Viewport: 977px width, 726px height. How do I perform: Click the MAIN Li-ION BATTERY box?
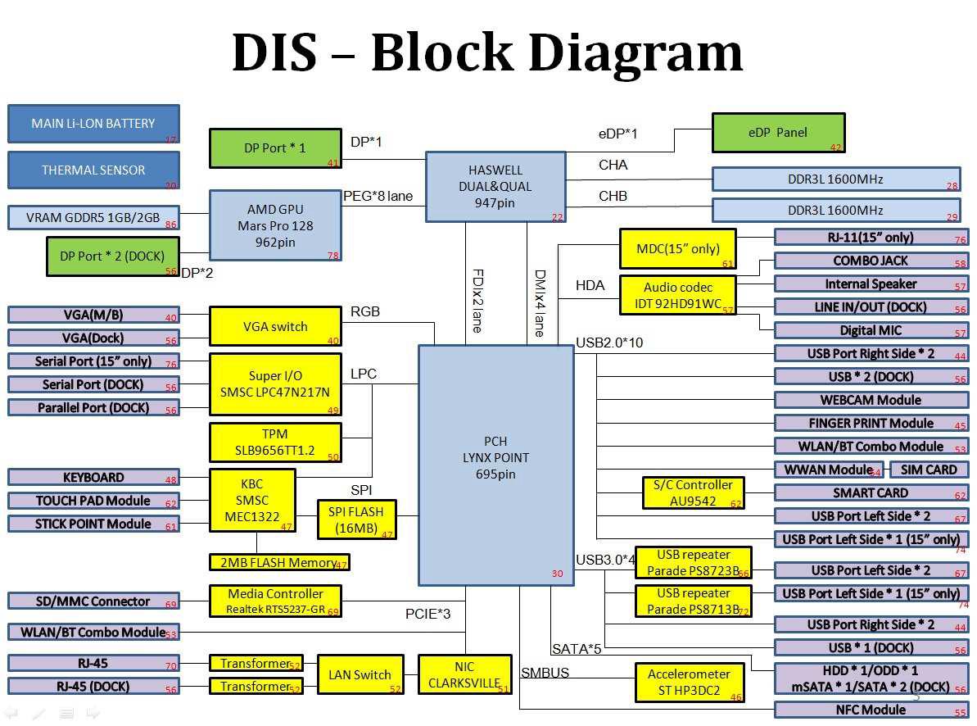pos(93,124)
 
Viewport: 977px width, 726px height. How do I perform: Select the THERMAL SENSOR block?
pos(93,170)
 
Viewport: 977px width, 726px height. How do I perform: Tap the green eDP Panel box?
pos(777,133)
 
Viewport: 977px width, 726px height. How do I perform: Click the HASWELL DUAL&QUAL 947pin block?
pos(495,186)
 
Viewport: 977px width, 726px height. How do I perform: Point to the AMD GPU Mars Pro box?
pos(275,225)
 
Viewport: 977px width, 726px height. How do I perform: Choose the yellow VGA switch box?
pos(275,326)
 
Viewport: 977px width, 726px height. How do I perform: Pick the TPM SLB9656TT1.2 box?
pos(275,442)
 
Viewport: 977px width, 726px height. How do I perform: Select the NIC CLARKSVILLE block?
pos(464,674)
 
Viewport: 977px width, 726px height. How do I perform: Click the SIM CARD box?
pos(929,470)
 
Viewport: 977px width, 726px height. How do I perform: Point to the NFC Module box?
pos(871,710)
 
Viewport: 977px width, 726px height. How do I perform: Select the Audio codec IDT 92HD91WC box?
pos(677,295)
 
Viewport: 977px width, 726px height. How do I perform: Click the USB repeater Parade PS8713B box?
pos(693,601)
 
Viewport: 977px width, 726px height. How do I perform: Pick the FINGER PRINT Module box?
pos(871,424)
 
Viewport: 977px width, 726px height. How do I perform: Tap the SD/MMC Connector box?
pos(93,601)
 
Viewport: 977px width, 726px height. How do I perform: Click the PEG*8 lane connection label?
pos(378,197)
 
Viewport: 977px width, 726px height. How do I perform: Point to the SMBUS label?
pos(545,673)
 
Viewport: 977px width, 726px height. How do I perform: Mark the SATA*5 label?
pos(577,649)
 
